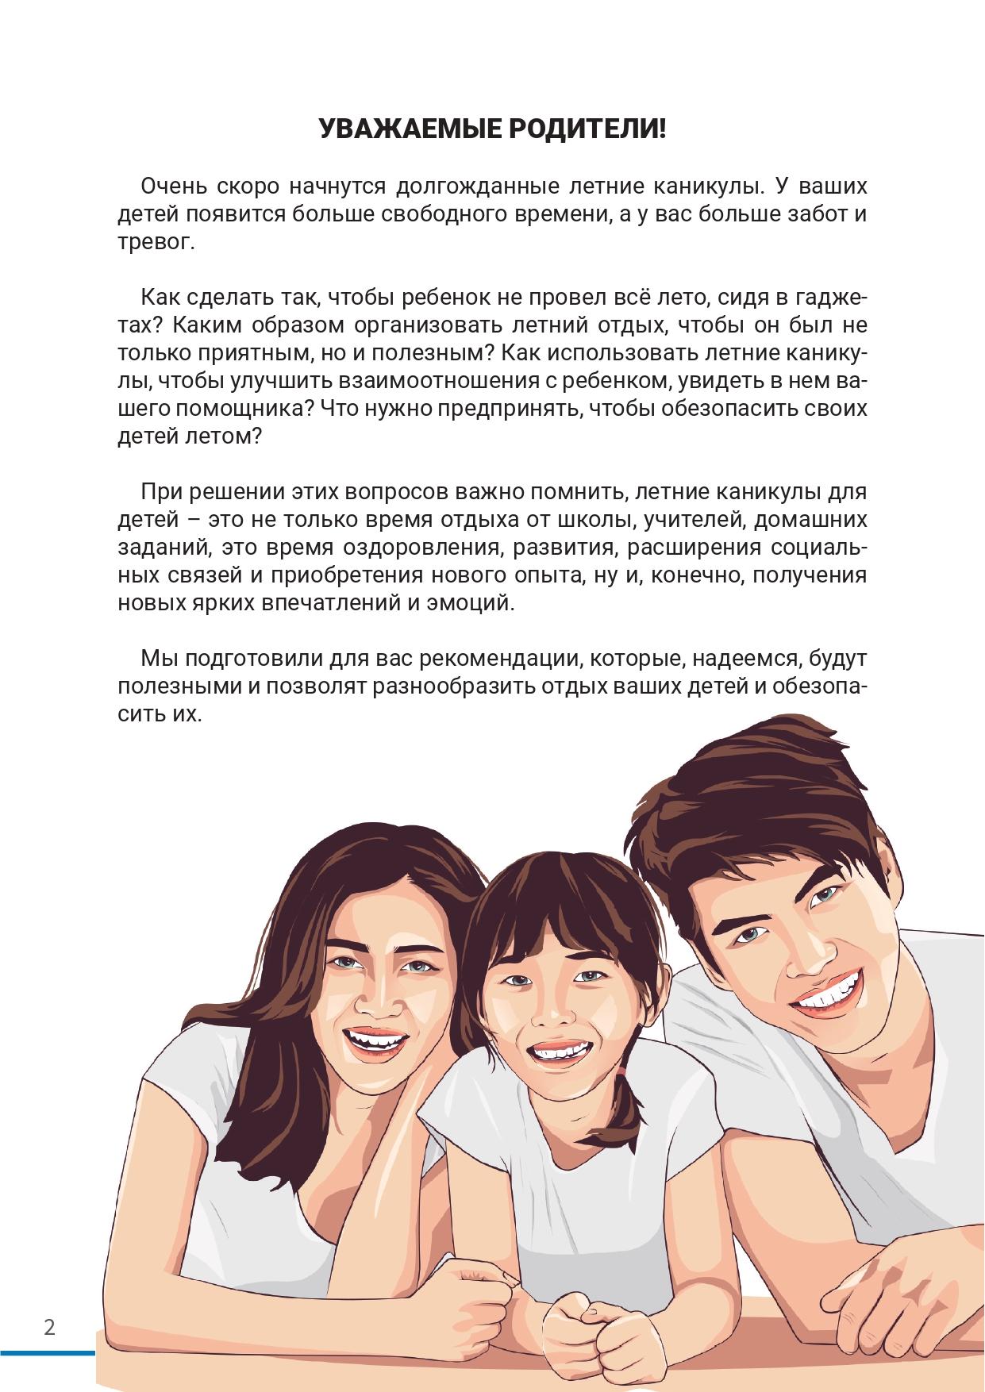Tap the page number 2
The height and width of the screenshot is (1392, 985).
(x=49, y=1327)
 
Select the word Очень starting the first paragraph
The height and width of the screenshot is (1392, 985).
(x=171, y=187)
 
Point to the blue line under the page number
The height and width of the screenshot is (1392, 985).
(x=48, y=1352)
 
